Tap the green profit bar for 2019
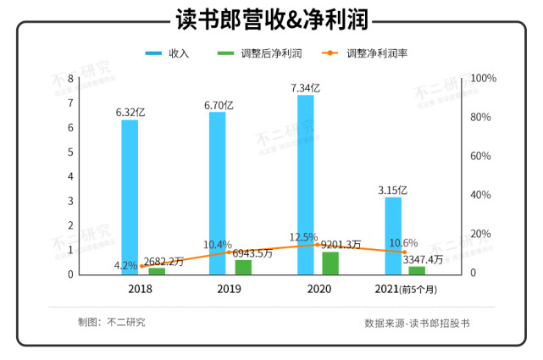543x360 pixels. point(243,267)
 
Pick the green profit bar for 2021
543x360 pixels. point(417,270)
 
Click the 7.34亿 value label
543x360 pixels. point(305,87)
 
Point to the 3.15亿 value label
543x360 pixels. point(393,189)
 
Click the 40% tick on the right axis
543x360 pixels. point(479,195)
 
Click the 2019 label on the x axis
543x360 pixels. point(228,289)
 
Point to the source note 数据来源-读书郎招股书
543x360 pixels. point(417,323)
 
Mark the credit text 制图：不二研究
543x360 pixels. point(111,322)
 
